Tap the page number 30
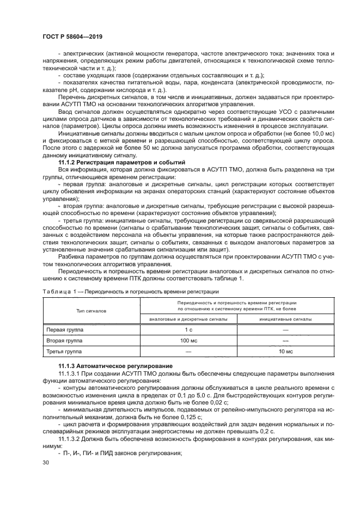[x=45, y=462]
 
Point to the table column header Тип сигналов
[x=90, y=310]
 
